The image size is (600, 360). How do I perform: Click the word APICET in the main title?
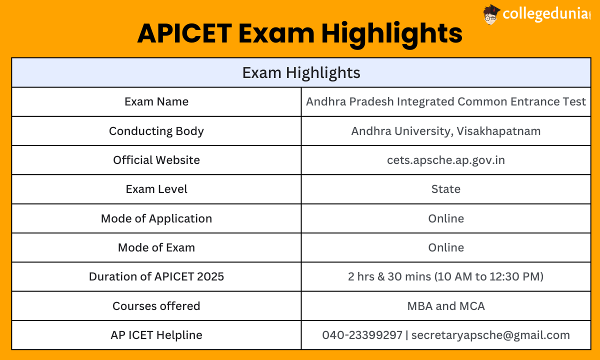pos(184,33)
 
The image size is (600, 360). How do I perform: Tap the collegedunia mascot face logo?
pos(491,14)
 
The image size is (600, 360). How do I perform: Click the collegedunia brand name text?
pos(546,14)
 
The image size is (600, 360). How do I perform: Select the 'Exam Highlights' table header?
pos(301,72)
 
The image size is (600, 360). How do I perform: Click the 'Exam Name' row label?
pos(156,102)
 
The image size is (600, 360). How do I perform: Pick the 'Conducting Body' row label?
pos(156,131)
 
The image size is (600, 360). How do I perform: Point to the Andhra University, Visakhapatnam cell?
pos(446,131)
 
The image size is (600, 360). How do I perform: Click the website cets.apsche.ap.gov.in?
pos(446,160)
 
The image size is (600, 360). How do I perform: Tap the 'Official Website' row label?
pos(156,160)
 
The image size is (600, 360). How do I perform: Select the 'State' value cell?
pos(446,189)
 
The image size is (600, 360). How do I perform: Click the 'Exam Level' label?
pos(156,189)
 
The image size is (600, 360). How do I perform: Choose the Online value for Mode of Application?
pos(446,218)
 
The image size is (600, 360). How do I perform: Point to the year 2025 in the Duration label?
pos(210,277)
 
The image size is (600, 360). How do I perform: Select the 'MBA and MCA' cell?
pos(446,306)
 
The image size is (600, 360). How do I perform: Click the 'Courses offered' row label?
pos(156,306)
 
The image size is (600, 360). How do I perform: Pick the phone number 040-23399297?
pos(362,335)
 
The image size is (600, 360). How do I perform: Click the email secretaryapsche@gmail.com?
pos(490,335)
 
